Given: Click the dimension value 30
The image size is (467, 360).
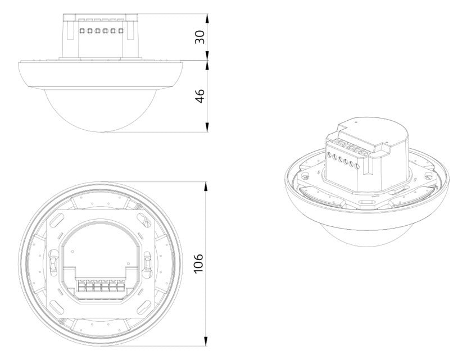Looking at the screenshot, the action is click(200, 37).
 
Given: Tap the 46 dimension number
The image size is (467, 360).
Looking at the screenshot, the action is click(200, 96).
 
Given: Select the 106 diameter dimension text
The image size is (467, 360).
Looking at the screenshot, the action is click(198, 263).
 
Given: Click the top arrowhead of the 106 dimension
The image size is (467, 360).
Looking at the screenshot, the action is click(206, 187).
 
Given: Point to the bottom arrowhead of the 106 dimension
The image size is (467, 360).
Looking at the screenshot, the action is click(206, 341).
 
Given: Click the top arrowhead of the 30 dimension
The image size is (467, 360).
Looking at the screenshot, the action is click(207, 19).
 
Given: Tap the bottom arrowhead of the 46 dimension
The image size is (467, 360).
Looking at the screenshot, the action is click(207, 126).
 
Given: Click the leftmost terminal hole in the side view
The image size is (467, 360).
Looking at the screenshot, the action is click(82, 31).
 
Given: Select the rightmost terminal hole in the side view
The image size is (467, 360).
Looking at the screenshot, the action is click(121, 31).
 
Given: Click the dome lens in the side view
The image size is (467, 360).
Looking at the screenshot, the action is click(101, 110).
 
